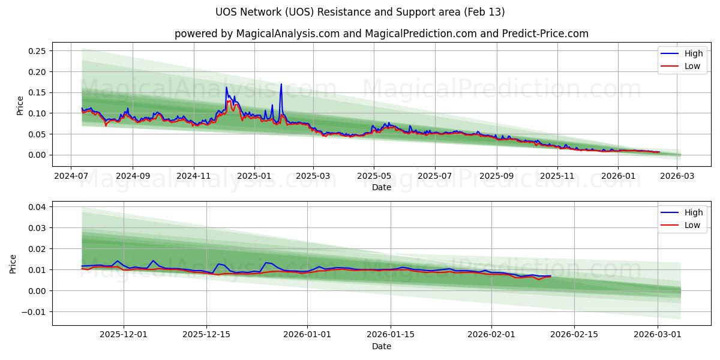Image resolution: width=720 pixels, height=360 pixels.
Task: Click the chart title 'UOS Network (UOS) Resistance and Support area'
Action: pos(360,12)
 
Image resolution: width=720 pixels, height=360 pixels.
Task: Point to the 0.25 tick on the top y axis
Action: pos(37,51)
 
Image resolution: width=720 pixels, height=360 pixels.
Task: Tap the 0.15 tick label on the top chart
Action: pos(37,92)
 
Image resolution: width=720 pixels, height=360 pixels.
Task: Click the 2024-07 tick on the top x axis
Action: pos(71,176)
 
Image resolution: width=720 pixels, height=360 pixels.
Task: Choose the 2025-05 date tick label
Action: pos(374,176)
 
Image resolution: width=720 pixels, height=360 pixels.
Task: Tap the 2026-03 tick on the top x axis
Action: pos(677,176)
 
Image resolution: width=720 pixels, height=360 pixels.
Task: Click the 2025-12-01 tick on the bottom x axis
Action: pos(124,334)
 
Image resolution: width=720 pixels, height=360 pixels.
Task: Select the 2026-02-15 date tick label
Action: pos(574,334)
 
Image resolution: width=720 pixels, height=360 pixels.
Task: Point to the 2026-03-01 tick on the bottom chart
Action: pos(658,334)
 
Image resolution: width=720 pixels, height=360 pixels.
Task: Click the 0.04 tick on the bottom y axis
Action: pos(37,207)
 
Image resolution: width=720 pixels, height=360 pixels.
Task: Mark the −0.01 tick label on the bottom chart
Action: pos(34,311)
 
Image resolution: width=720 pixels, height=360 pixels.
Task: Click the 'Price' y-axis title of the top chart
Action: pos(20,105)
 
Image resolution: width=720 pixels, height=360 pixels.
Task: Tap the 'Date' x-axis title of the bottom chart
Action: pos(381,346)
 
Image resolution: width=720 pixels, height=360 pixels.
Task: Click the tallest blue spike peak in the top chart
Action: pos(281,84)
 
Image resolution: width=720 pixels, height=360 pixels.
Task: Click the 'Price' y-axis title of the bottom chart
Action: pos(13,263)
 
